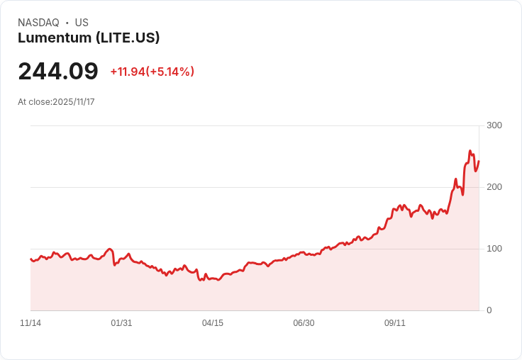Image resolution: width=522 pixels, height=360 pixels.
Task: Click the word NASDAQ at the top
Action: (38, 23)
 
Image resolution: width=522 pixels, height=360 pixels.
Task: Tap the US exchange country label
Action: (82, 23)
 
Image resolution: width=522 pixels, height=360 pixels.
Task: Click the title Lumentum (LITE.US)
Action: (89, 38)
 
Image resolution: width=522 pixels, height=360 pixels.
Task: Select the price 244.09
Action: (58, 72)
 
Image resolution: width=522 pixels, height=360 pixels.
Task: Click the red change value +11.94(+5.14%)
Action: (152, 72)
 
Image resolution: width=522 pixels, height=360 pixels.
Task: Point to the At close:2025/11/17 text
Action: (56, 102)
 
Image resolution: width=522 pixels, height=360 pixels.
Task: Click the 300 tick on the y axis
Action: (494, 125)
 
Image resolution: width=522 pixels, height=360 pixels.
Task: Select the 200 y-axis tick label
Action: (494, 187)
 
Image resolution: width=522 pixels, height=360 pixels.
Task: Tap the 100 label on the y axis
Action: (494, 249)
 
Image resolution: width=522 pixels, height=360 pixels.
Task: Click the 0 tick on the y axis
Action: (489, 310)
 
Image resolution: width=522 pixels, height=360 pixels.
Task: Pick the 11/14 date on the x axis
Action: (30, 323)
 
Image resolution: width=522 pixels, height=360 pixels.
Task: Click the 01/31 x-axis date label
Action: (121, 323)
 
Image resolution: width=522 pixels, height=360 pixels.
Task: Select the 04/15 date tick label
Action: (213, 323)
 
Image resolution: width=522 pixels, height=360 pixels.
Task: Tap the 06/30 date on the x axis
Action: (304, 323)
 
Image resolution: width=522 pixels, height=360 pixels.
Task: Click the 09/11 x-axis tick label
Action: (395, 323)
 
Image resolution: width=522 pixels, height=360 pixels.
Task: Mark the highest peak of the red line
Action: (470, 151)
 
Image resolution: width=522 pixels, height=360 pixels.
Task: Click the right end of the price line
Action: (479, 161)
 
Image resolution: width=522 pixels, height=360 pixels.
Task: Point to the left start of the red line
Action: (30, 259)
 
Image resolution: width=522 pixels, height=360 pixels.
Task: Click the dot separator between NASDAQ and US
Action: (67, 23)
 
